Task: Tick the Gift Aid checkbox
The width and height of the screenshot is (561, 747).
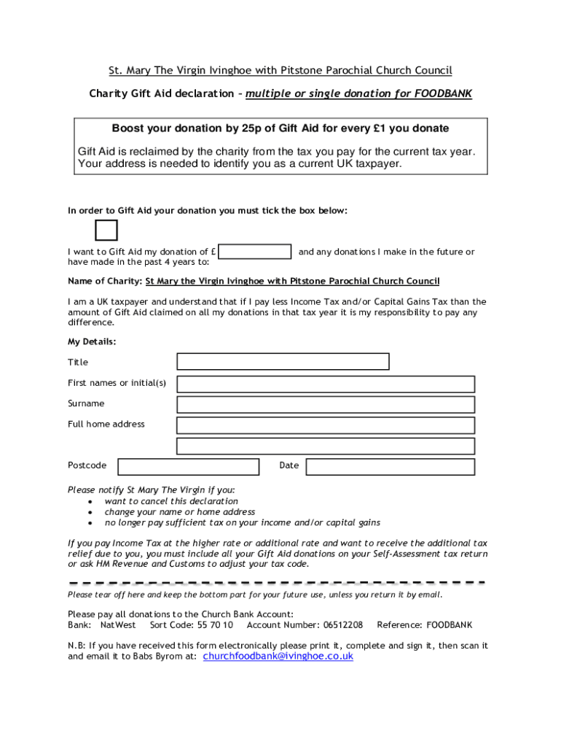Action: tap(106, 230)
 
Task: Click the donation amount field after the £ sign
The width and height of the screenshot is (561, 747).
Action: tap(255, 252)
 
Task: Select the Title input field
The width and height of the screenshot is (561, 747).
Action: tap(283, 362)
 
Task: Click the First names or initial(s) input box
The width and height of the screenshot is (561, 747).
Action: tap(326, 384)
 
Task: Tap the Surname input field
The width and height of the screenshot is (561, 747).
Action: tap(326, 404)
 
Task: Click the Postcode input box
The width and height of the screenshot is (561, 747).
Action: tap(188, 466)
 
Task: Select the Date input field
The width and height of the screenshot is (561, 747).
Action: tap(390, 466)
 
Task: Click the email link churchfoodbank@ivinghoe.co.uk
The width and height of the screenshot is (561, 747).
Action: tap(278, 657)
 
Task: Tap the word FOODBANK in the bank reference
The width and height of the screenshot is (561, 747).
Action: tap(450, 625)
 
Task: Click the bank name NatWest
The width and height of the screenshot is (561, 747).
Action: tap(118, 625)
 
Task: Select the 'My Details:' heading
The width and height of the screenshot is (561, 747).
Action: tap(92, 341)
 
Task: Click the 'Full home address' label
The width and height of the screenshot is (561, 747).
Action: tap(106, 424)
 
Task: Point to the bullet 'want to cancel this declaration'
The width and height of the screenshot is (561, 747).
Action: tap(171, 501)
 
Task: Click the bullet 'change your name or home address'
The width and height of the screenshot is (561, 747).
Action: tap(179, 512)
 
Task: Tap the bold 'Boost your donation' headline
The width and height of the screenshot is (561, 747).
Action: tap(280, 128)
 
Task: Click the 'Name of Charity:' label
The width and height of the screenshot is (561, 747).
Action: tap(105, 281)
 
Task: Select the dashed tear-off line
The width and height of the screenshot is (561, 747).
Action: tap(277, 583)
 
